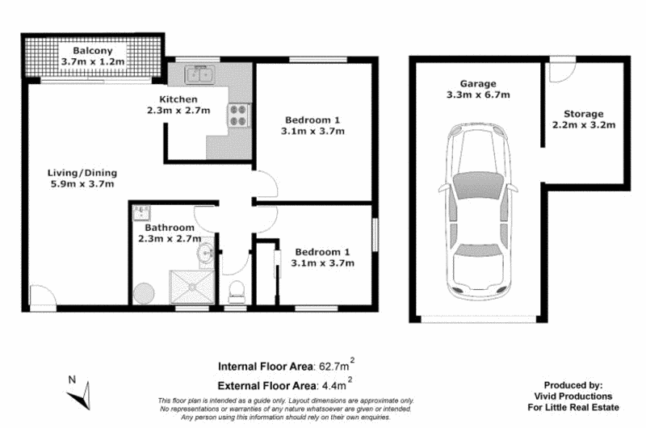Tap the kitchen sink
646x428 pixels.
point(197,76)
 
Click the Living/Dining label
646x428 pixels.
point(82,172)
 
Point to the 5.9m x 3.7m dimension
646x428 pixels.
point(82,184)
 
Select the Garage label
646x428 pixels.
point(477,83)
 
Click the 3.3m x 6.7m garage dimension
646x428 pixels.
point(477,95)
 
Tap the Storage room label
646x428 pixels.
point(583,114)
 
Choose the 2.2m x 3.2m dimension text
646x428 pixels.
point(583,126)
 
